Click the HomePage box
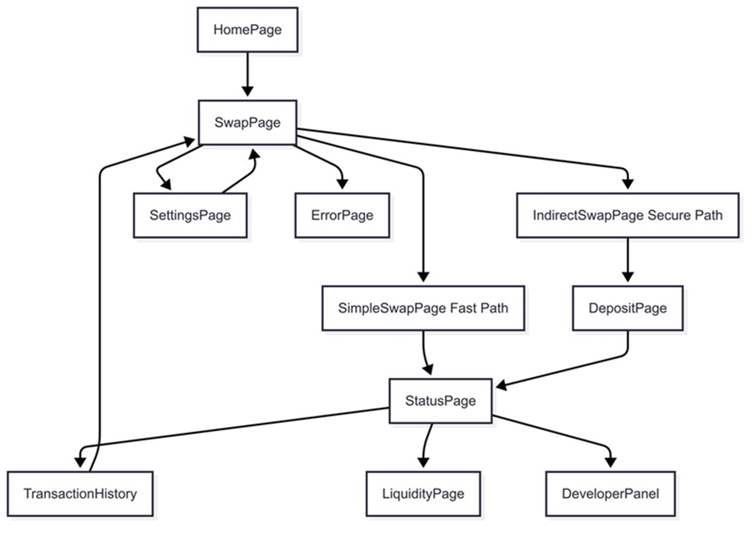click(x=247, y=30)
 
